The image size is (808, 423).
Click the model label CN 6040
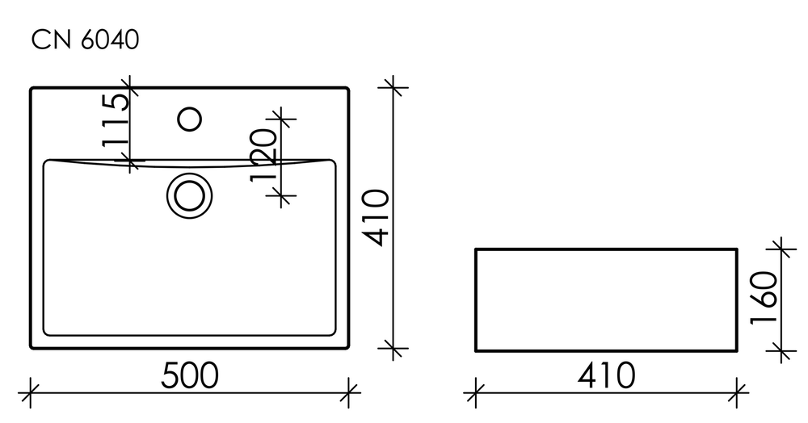coord(85,40)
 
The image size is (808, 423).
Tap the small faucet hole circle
coord(189,119)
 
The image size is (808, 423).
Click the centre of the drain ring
coord(190,195)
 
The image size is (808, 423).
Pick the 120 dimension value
coord(264,155)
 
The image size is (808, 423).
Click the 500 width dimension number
coord(190,375)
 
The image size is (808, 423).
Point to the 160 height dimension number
coord(764,297)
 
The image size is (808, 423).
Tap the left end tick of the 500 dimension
coord(31,392)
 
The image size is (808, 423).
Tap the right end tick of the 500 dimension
coord(348,392)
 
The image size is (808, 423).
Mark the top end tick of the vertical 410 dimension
coord(393,86)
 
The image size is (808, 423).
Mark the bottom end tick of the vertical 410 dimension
coord(393,349)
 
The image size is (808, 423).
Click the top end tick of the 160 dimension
coord(781,249)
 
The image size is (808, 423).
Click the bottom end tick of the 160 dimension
coord(781,351)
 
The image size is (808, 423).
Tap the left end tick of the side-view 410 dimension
coord(475,392)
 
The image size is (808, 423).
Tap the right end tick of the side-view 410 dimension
coord(737,392)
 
